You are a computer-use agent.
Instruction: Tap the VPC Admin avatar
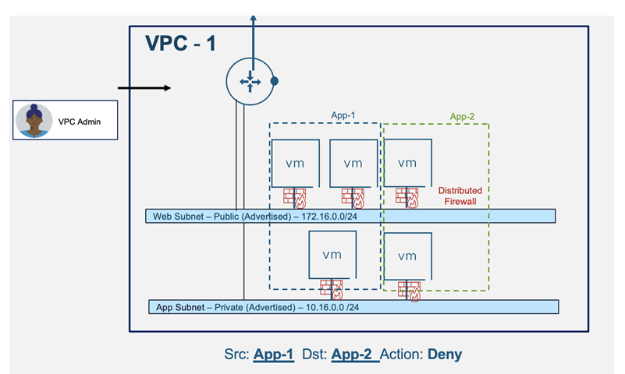34,120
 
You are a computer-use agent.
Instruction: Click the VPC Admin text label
80,121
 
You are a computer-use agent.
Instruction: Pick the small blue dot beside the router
275,80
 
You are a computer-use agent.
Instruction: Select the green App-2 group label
463,117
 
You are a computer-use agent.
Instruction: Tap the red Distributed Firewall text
460,196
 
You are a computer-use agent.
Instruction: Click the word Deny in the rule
444,355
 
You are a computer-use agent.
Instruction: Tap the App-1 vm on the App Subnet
333,253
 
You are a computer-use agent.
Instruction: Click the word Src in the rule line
236,355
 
